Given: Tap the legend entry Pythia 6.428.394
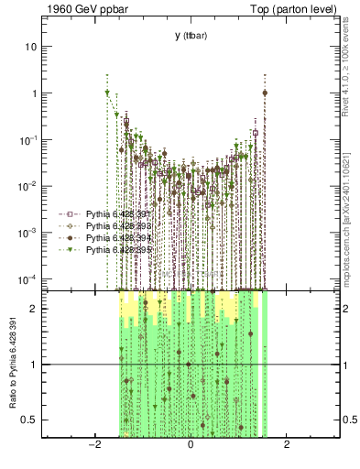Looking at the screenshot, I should (118, 237).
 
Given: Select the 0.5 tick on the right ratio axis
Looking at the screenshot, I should (349, 420).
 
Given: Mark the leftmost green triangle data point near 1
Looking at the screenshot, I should (107, 93).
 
